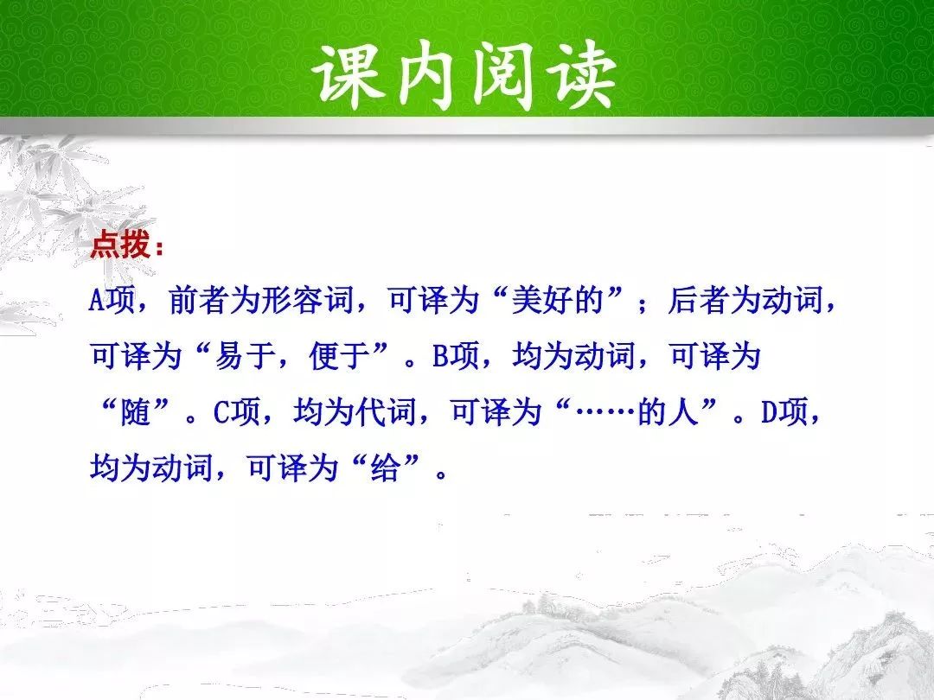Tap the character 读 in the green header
click(581, 75)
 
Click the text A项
click(112, 299)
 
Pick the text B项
click(456, 356)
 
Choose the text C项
click(237, 412)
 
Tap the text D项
click(784, 412)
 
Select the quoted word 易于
click(244, 356)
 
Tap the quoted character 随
click(135, 412)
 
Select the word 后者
click(698, 299)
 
